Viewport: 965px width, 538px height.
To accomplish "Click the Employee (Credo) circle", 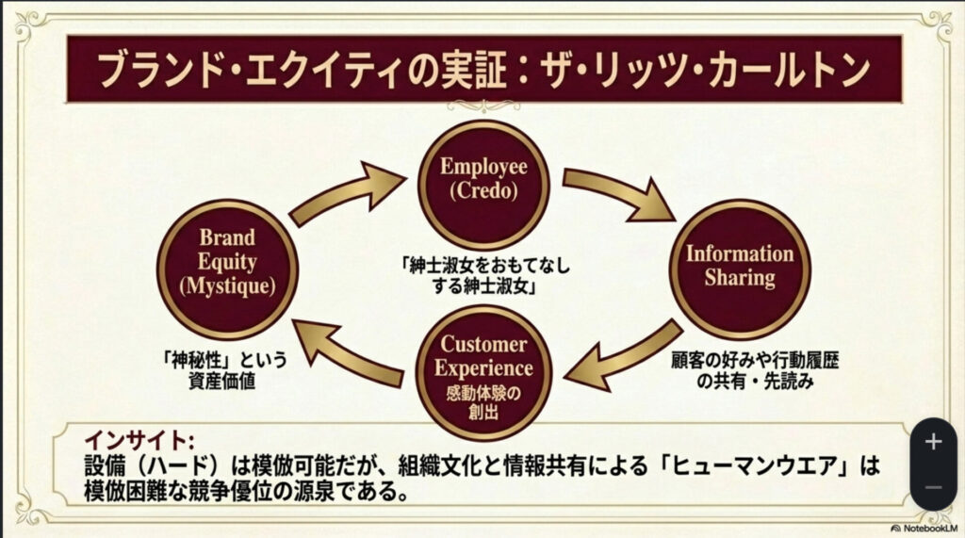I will pyautogui.click(x=482, y=179).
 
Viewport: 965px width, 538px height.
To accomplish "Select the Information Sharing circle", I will pyautogui.click(x=739, y=267).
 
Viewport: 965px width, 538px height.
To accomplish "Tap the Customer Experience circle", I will pyautogui.click(x=484, y=370).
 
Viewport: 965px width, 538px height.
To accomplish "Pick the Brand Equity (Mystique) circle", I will pyautogui.click(x=226, y=269).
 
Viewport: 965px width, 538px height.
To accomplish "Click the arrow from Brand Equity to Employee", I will pyautogui.click(x=346, y=193).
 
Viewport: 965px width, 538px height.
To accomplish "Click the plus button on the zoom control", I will pyautogui.click(x=933, y=441).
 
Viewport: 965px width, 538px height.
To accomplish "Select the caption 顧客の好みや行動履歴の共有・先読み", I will pyautogui.click(x=740, y=369).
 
